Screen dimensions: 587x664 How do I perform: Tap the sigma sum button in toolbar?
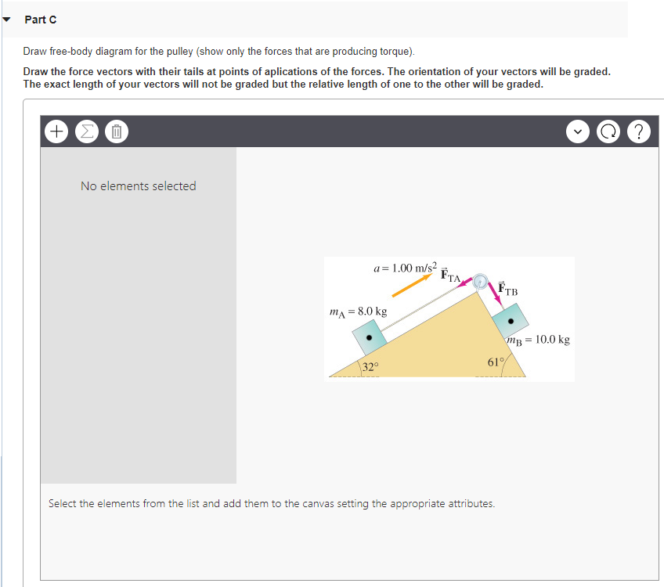(x=86, y=131)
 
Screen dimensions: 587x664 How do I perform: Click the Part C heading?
(x=41, y=20)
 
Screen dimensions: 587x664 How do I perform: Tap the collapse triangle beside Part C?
(x=8, y=20)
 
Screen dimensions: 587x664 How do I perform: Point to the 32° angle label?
(x=370, y=366)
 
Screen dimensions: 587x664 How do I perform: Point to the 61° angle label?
(x=495, y=362)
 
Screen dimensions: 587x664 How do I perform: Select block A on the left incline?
(x=369, y=338)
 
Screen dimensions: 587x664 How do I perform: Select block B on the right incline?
(x=510, y=320)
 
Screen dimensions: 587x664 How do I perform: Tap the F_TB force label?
(x=508, y=289)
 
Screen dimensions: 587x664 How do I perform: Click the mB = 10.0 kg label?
(x=538, y=340)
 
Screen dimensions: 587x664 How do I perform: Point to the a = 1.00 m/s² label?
(x=406, y=268)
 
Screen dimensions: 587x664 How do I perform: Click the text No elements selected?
(x=138, y=186)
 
